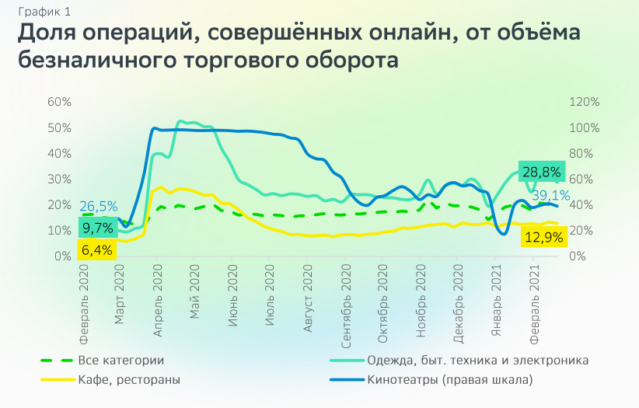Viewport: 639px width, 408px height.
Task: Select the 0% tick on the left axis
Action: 63,256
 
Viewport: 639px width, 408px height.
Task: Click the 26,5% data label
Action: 99,207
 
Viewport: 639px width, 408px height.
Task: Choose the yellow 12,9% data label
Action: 545,236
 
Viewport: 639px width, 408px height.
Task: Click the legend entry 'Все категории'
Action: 120,361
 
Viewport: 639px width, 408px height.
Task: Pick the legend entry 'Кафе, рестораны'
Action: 128,380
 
